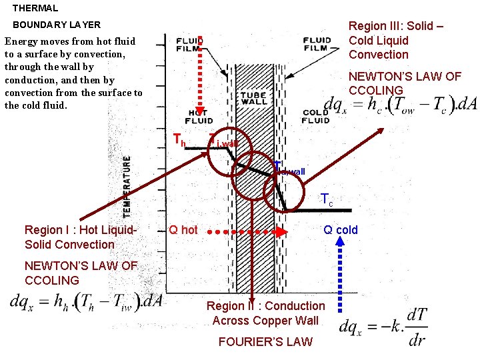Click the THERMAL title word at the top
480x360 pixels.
(35, 9)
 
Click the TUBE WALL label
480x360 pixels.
(253, 99)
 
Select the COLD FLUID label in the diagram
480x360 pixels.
(315, 116)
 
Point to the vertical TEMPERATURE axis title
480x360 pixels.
(127, 186)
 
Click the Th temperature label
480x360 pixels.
(179, 140)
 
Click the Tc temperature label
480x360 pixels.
(327, 199)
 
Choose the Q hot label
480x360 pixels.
(183, 230)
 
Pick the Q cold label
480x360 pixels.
(340, 230)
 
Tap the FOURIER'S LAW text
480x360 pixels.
(265, 342)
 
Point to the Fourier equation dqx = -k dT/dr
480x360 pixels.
(383, 326)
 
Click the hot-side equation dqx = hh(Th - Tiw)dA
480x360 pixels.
(87, 301)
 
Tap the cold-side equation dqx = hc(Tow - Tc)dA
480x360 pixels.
(400, 104)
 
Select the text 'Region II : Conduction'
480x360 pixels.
(265, 306)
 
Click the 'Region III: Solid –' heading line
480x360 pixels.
(396, 26)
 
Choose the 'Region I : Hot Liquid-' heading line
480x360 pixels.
(81, 230)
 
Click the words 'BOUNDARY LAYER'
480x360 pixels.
(57, 25)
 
